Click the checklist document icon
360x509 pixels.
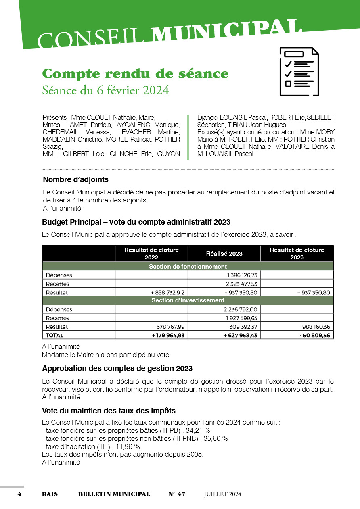(x=299, y=71)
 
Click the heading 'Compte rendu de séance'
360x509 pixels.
(x=135, y=74)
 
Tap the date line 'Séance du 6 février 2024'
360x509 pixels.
(x=105, y=90)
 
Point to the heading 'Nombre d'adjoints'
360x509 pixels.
(x=76, y=179)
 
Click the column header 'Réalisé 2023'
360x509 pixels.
(x=224, y=253)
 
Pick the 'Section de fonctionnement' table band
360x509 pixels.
(x=188, y=267)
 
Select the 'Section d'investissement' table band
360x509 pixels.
(x=188, y=300)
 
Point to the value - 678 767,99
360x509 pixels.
(x=170, y=327)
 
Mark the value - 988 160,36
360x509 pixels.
(x=314, y=327)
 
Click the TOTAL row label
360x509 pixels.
(x=54, y=335)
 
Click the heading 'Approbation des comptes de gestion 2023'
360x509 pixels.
(x=117, y=369)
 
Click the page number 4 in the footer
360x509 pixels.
(x=19, y=494)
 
